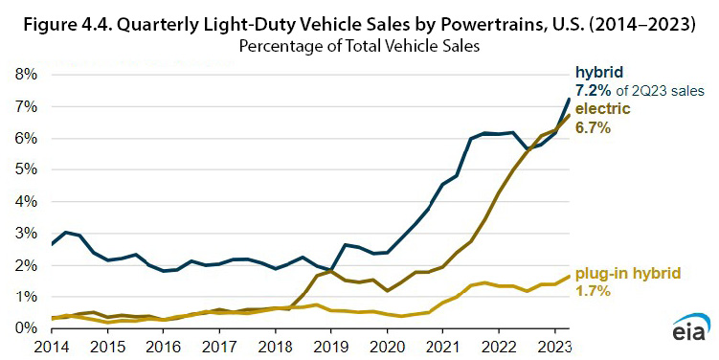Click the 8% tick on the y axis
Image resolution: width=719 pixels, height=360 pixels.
pyautogui.click(x=24, y=75)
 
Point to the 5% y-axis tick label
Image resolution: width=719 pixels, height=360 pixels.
pyautogui.click(x=24, y=169)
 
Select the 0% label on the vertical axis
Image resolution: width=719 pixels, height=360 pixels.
pyautogui.click(x=24, y=328)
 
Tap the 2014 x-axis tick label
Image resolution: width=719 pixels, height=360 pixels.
pyautogui.click(x=53, y=346)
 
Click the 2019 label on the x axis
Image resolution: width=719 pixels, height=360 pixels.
pyautogui.click(x=330, y=346)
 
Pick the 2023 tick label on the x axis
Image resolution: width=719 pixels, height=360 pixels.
pyautogui.click(x=552, y=346)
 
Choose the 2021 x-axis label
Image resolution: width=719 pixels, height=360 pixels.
pyautogui.click(x=441, y=346)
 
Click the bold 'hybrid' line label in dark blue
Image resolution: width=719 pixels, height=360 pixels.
pyautogui.click(x=599, y=74)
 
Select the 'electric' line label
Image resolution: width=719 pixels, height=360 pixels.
pyautogui.click(x=602, y=109)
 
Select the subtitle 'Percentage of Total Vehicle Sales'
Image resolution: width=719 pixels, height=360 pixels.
pyautogui.click(x=359, y=44)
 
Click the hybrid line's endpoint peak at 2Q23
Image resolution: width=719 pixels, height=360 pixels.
pyautogui.click(x=570, y=99)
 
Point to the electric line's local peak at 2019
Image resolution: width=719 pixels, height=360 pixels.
pyautogui.click(x=330, y=271)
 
